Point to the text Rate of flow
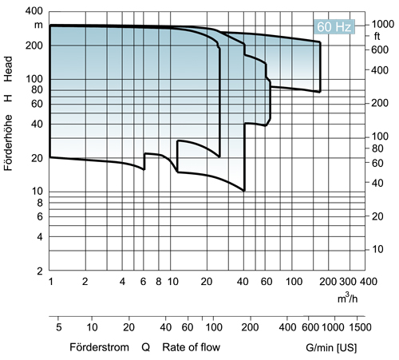(191, 347)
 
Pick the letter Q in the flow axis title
(145, 347)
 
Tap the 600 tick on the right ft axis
(380, 50)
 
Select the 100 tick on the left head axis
(34, 80)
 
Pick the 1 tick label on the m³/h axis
(50, 283)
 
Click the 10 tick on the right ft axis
(380, 249)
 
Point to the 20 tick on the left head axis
(36, 159)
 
